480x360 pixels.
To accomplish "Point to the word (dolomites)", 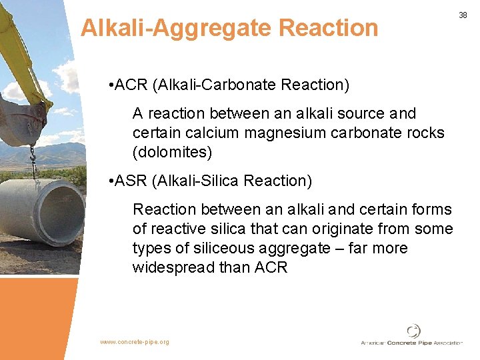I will [172, 152].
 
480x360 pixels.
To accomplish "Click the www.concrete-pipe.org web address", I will [135, 342].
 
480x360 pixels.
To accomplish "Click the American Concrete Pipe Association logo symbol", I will [414, 331].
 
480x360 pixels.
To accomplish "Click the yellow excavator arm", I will [20, 53].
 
